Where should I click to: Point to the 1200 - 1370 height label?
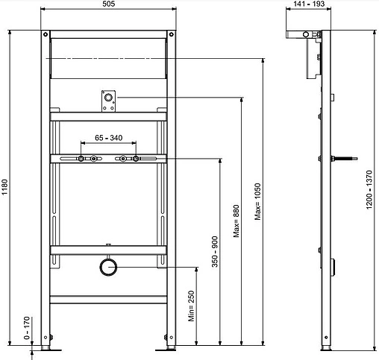369,188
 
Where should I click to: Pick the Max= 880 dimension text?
237,220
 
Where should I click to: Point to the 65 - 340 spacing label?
109,138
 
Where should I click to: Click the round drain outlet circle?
109,266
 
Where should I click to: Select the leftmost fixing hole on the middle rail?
80,158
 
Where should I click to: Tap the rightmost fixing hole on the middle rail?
137,158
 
